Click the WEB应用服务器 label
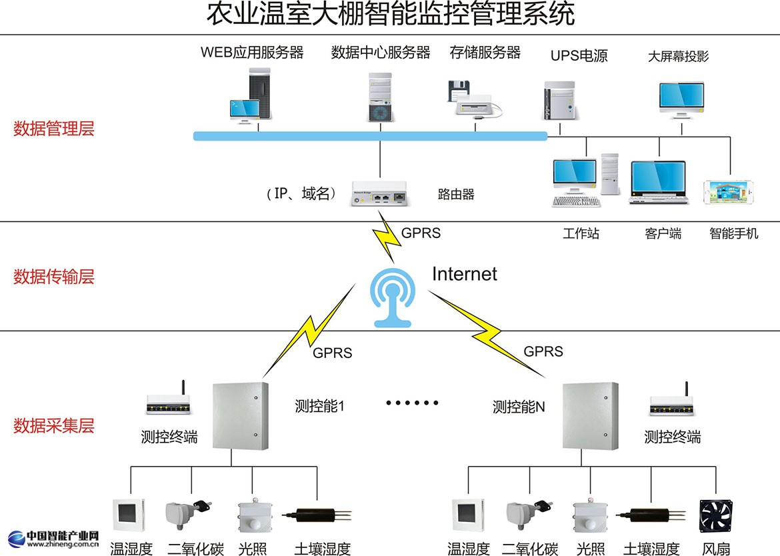tap(252, 53)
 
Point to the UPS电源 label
tap(579, 56)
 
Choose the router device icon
tap(380, 193)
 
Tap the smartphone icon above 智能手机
tap(731, 192)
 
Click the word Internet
tap(465, 273)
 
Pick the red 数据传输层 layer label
tap(54, 277)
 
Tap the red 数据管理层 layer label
tap(54, 129)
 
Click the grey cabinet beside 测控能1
tap(240, 415)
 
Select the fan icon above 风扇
tap(715, 517)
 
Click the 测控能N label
tap(519, 406)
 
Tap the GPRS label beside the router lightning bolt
tap(421, 233)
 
